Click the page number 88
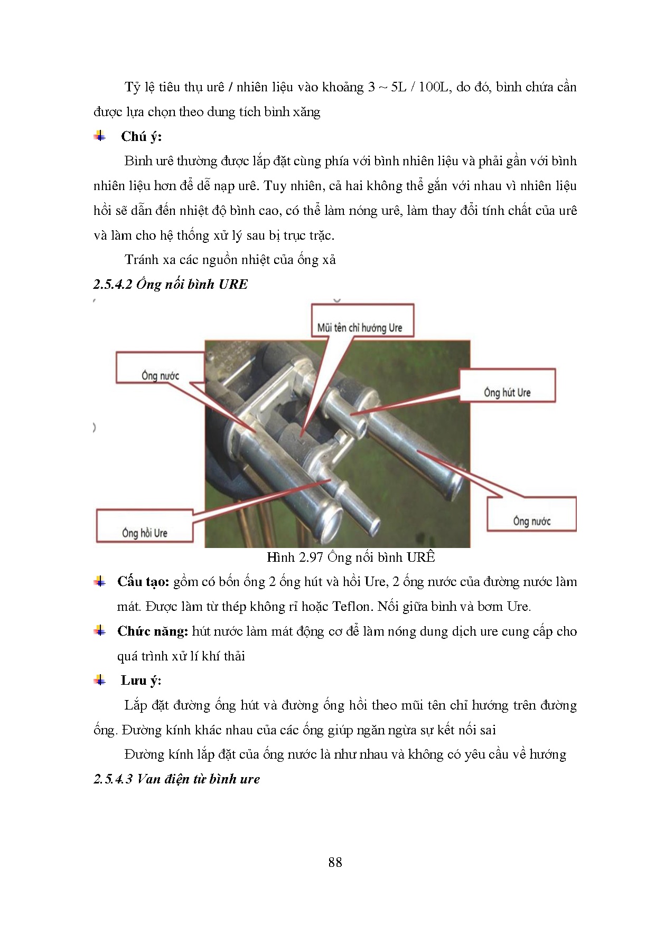pos(335,862)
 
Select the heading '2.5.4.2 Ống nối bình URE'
pos(171,284)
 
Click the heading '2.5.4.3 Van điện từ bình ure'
pos(177,779)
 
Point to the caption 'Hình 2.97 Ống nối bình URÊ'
pos(351,557)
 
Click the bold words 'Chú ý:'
pos(141,136)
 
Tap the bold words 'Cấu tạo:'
pos(143,582)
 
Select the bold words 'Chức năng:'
pos(152,631)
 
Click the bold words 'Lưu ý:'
pos(141,681)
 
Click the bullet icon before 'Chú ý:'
pos(100,136)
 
